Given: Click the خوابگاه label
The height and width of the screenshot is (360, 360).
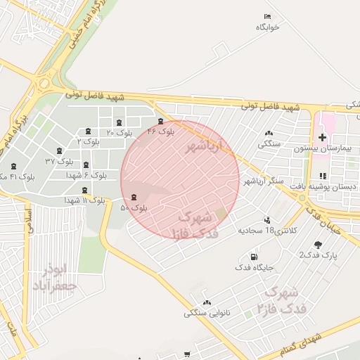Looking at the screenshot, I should [x=268, y=27].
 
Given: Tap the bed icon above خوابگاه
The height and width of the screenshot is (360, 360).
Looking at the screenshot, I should [x=267, y=16].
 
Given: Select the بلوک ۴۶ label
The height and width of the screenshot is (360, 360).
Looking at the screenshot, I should [x=160, y=131].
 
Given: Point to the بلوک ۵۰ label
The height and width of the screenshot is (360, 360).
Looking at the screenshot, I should [x=134, y=207].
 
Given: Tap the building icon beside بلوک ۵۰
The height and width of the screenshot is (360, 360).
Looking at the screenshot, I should [x=134, y=197].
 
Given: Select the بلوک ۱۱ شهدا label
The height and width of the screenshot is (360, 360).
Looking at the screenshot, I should [x=85, y=200].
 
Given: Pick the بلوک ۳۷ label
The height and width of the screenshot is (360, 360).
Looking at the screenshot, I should [x=59, y=161].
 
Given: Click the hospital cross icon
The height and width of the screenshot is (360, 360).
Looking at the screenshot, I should [x=322, y=137].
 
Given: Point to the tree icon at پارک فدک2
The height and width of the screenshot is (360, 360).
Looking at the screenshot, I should [x=319, y=245].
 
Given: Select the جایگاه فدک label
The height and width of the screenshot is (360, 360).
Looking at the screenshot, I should [x=254, y=267].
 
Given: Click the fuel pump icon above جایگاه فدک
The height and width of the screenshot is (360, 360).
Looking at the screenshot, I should [x=254, y=257].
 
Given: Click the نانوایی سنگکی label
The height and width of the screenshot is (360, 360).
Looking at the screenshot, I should [x=206, y=313].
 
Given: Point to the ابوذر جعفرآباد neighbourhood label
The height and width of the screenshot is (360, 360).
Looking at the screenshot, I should [x=53, y=278].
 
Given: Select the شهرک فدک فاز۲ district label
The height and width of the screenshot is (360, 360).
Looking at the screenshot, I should [x=278, y=300].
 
